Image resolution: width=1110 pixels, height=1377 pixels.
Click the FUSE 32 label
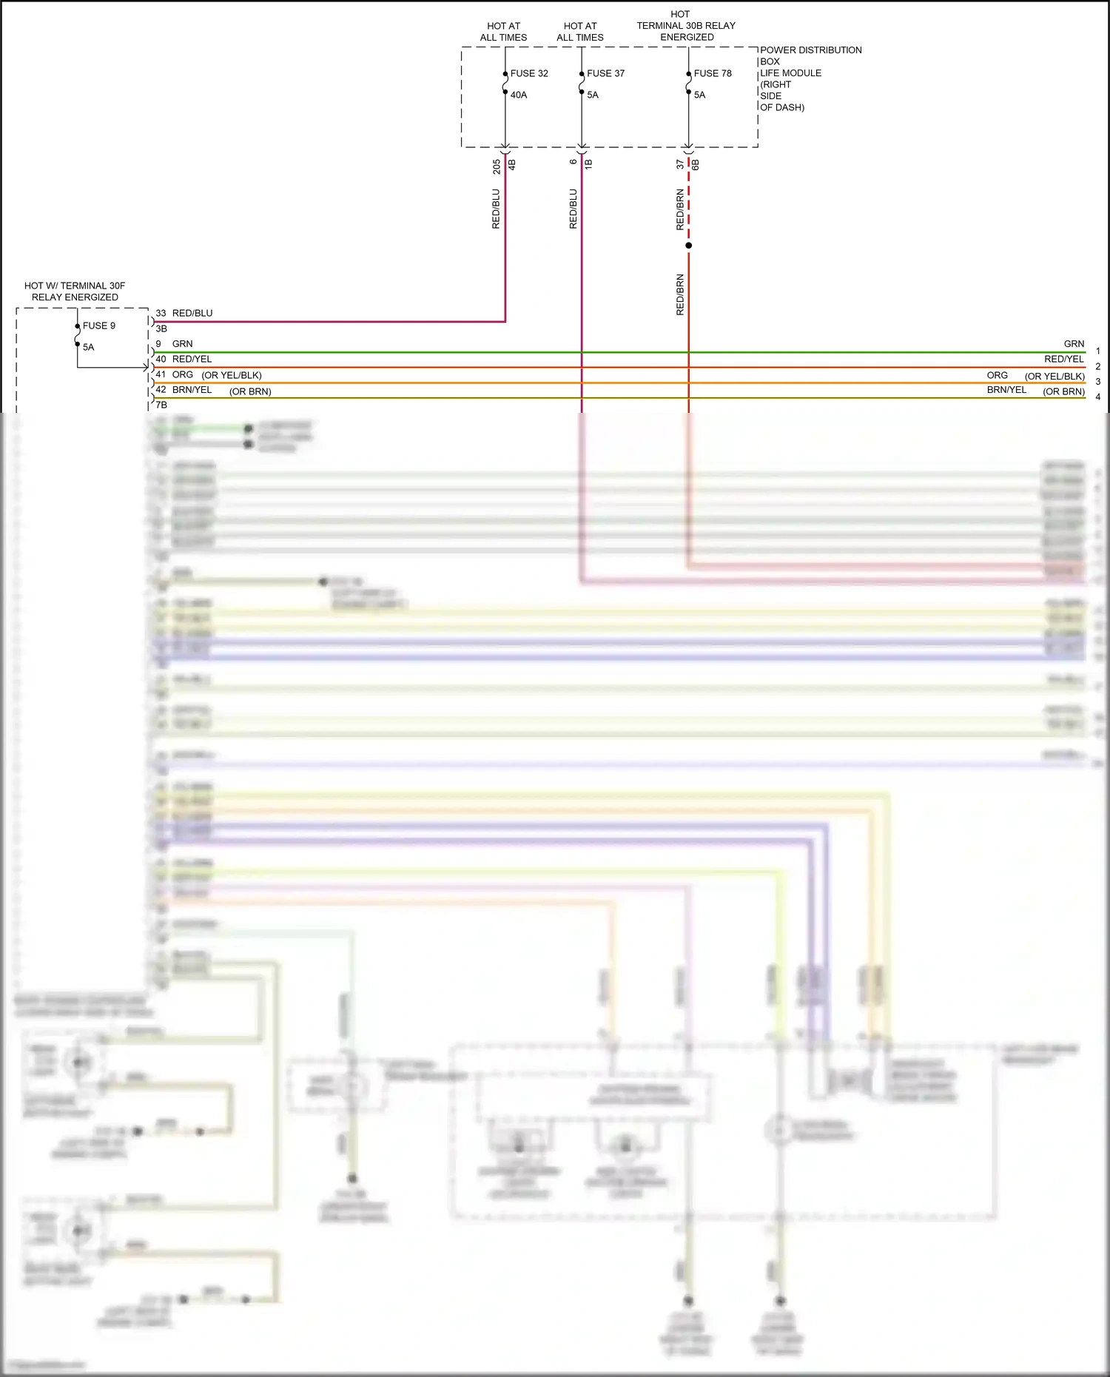[529, 73]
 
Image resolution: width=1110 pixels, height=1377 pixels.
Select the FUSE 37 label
[605, 73]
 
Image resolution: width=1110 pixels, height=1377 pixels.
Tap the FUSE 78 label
[713, 73]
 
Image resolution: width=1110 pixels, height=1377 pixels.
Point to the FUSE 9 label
[99, 326]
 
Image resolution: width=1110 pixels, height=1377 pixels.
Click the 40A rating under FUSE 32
[519, 95]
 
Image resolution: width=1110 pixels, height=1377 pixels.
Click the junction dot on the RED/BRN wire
[689, 245]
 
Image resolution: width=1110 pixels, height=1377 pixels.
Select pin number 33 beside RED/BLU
[161, 313]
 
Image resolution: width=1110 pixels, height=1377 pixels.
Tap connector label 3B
[161, 329]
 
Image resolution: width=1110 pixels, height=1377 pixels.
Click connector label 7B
[161, 405]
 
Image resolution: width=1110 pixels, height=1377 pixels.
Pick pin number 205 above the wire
[497, 166]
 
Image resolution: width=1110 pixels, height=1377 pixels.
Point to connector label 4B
[511, 164]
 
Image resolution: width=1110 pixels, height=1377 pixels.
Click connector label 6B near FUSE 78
[695, 164]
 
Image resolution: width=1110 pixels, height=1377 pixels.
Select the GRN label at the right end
[1074, 344]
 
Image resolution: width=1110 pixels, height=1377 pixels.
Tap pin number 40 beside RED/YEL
[161, 359]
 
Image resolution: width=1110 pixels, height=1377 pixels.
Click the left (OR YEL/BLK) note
[232, 375]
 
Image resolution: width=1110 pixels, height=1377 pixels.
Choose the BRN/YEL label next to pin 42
[192, 390]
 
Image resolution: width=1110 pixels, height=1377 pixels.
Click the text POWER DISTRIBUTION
[810, 50]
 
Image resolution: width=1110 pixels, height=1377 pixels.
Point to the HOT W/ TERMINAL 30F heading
[75, 286]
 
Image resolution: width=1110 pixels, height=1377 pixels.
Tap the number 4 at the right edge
[1097, 397]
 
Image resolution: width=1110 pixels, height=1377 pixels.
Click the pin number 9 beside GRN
[158, 344]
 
